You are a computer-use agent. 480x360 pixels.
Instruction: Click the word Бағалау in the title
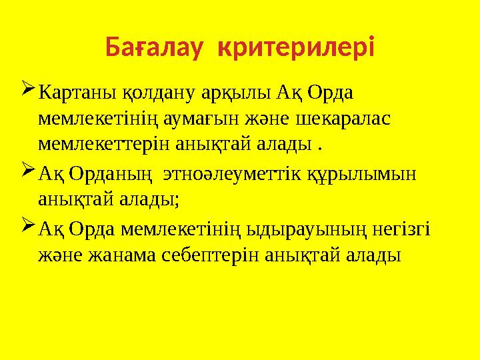point(154,49)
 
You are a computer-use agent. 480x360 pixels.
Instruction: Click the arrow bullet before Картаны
point(28,89)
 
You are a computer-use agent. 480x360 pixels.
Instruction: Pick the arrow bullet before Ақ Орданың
point(28,171)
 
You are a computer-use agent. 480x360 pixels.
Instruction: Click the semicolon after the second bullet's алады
point(177,200)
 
